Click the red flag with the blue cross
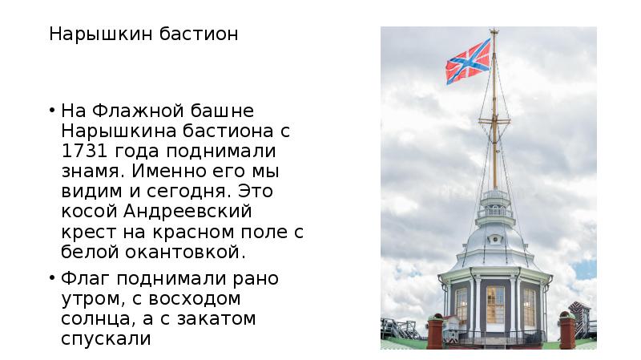(x=468, y=61)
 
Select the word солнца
(x=98, y=318)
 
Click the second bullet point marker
(x=51, y=279)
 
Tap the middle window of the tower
(x=495, y=304)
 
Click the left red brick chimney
(x=435, y=330)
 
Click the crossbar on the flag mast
(x=494, y=120)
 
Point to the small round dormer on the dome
(x=495, y=238)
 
